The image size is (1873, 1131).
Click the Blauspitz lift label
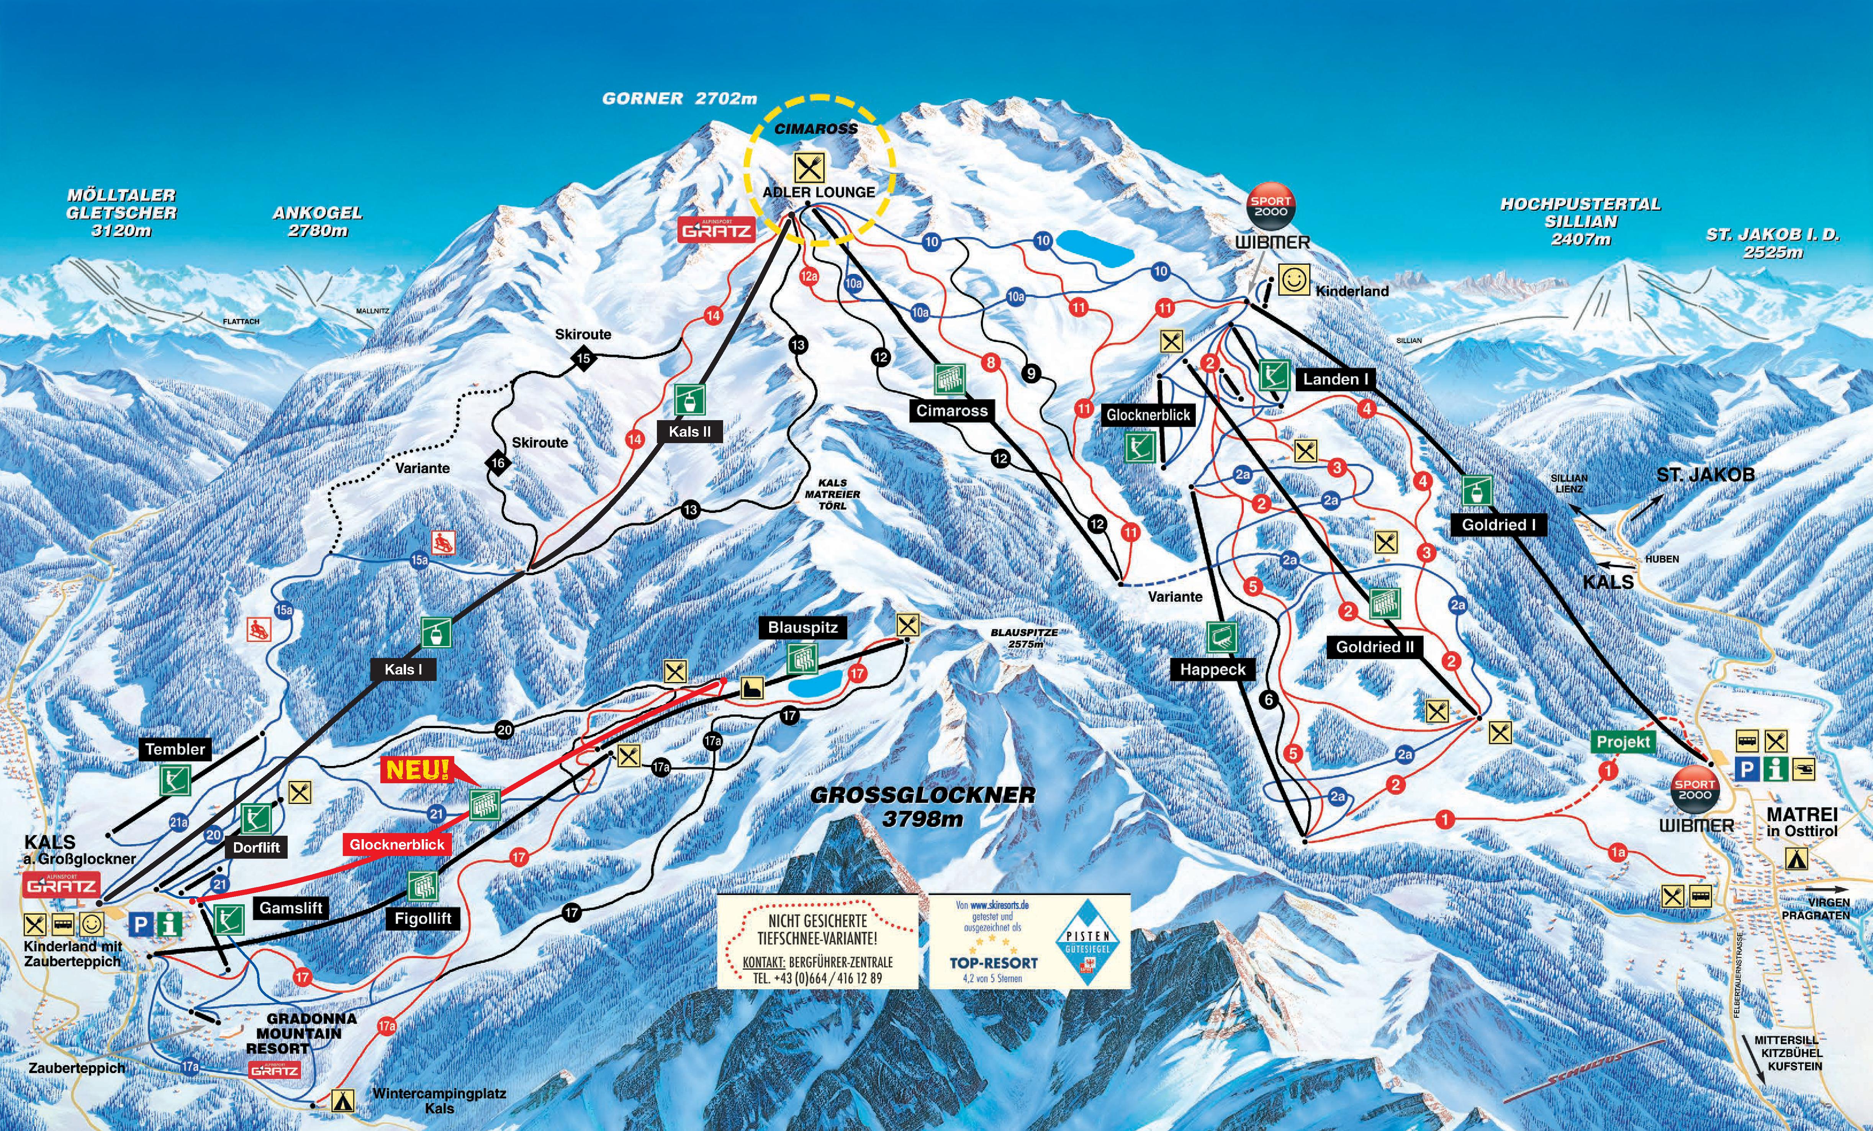(803, 628)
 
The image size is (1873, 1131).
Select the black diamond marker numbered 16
(498, 463)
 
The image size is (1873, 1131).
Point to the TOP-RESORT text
(994, 962)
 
